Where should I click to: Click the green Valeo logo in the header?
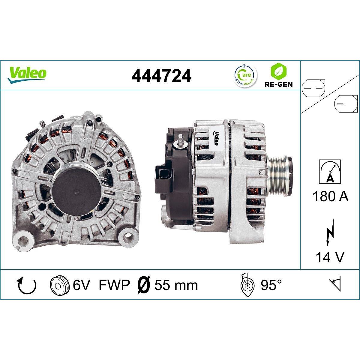tap(26, 75)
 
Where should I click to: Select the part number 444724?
tap(161, 76)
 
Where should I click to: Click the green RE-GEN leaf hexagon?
tap(278, 71)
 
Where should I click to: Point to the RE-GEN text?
tap(278, 84)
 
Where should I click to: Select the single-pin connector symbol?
tap(346, 104)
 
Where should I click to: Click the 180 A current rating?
tap(330, 196)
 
